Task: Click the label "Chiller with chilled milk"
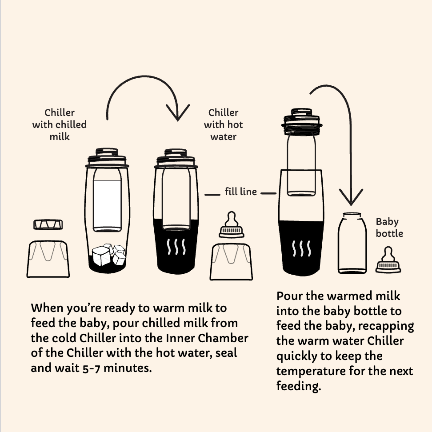[x=60, y=124]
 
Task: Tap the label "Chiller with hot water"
[x=224, y=124]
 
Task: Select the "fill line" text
[x=241, y=192]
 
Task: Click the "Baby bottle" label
[x=389, y=228]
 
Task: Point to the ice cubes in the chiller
[x=108, y=255]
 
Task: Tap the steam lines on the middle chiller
[x=176, y=247]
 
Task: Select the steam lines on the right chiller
[x=301, y=248]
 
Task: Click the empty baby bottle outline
[x=352, y=243]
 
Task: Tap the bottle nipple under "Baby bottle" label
[x=388, y=260]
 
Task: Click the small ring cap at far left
[x=48, y=224]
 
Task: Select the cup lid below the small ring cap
[x=48, y=259]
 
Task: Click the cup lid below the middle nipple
[x=231, y=262]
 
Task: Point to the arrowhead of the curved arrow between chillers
[x=178, y=112]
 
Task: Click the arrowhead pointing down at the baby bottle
[x=351, y=197]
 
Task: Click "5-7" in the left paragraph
[x=91, y=368]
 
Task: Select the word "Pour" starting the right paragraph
[x=289, y=296]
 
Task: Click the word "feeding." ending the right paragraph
[x=299, y=386]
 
